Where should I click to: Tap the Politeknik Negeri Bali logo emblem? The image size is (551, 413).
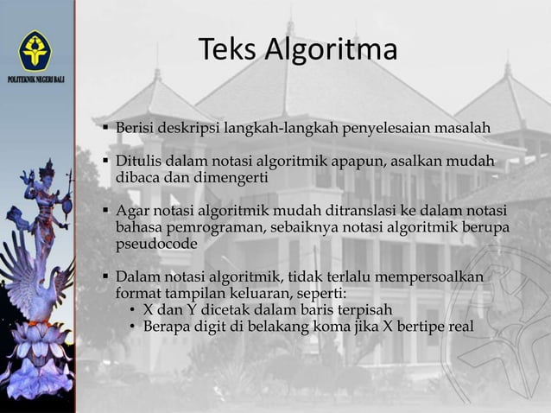(x=35, y=50)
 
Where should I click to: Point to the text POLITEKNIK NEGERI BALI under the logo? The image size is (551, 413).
(x=35, y=79)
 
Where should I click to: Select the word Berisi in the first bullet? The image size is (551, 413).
(x=134, y=129)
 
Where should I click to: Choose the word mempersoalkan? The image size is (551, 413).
(x=440, y=276)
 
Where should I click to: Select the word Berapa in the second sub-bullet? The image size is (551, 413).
(x=166, y=326)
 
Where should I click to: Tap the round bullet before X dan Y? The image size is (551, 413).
(x=131, y=310)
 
